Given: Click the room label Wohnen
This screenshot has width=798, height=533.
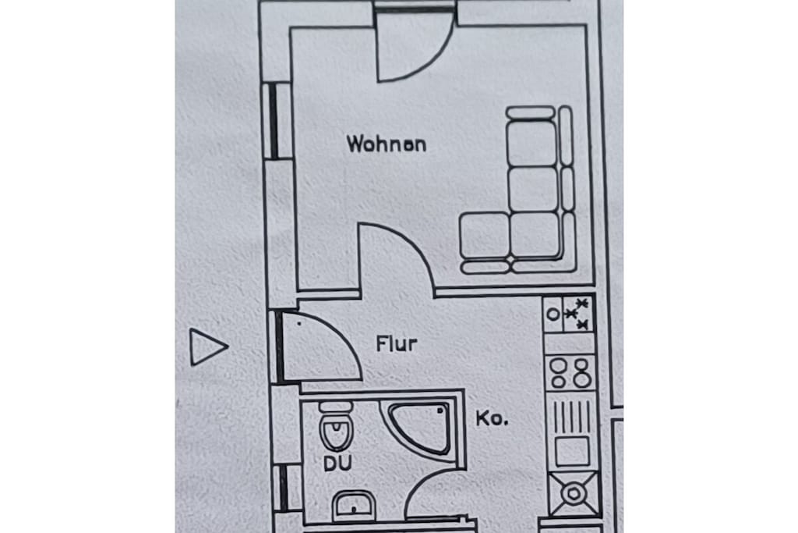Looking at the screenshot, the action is click(x=387, y=144).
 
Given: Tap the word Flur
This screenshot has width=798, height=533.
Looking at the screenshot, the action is click(x=397, y=343).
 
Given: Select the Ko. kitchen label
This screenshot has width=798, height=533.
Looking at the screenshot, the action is click(x=492, y=418).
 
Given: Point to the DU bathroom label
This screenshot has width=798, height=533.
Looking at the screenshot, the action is click(x=338, y=464).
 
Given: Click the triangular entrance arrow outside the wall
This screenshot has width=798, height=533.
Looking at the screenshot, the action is click(x=208, y=347).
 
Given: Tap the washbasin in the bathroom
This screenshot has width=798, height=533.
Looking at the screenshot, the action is click(x=354, y=505).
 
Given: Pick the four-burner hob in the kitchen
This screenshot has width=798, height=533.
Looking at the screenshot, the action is click(x=570, y=372).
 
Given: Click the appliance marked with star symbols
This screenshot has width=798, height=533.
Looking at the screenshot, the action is click(x=569, y=314).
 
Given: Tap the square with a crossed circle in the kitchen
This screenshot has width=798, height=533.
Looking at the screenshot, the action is click(x=574, y=493).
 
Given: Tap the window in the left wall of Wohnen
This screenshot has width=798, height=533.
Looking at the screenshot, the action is click(x=274, y=121).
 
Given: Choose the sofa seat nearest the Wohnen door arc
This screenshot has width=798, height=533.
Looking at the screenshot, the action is click(x=485, y=236).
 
